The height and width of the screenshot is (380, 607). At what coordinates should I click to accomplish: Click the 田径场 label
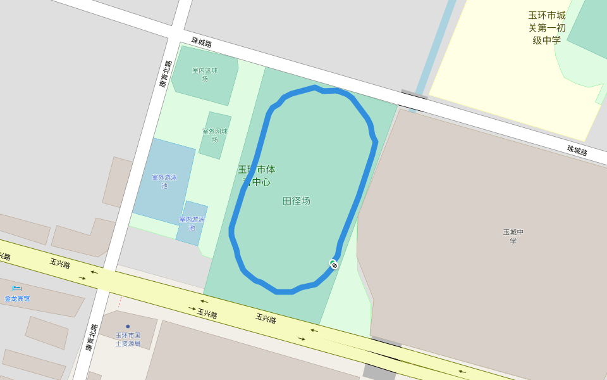(296, 201)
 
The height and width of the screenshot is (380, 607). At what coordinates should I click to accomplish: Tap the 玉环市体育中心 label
(257, 175)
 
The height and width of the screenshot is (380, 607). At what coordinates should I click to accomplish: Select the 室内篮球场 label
(205, 75)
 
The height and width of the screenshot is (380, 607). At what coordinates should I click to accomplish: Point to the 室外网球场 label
(215, 135)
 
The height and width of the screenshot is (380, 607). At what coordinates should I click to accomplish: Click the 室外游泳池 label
(164, 181)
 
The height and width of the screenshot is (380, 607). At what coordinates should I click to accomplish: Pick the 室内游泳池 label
(192, 223)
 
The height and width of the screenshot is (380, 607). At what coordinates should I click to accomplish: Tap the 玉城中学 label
(513, 236)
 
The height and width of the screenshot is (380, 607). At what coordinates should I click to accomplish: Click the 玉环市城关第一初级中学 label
(547, 28)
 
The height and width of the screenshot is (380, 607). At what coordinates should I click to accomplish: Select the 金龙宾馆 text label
(17, 298)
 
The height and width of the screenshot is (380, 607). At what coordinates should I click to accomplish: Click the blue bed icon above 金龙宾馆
(17, 289)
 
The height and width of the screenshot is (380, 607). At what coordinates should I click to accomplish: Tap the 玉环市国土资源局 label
(128, 339)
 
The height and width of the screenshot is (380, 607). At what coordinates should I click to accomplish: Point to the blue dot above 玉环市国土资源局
(128, 327)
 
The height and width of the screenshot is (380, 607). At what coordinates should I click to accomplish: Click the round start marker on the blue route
(333, 263)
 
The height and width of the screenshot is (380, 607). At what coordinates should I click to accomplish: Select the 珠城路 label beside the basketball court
(202, 42)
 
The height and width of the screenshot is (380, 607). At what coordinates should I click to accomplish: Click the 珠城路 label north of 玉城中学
(577, 151)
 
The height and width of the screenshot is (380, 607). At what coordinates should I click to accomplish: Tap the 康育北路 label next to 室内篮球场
(164, 73)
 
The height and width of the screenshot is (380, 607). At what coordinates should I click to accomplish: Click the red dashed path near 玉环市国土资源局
(120, 302)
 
